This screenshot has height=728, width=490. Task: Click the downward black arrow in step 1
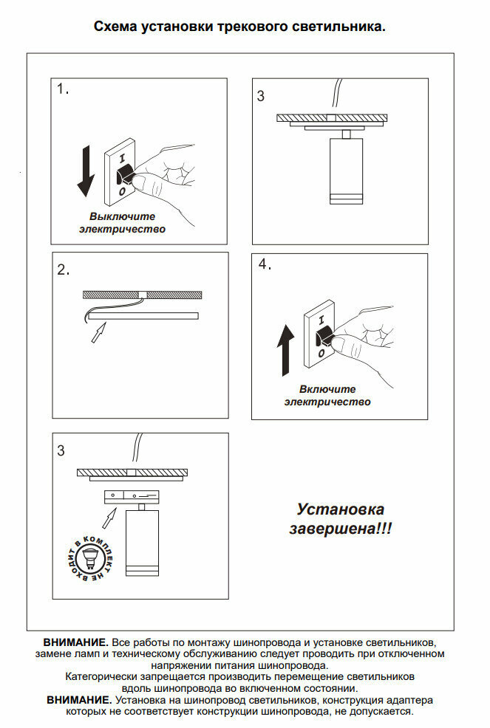click(x=86, y=171)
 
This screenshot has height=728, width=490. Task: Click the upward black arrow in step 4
click(x=286, y=349)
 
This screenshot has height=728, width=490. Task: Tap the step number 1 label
click(x=63, y=90)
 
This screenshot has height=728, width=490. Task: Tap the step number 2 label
click(x=63, y=270)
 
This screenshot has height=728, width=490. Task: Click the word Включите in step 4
click(x=327, y=389)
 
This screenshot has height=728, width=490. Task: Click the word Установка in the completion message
click(x=340, y=509)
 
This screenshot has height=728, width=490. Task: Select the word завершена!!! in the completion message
click(x=340, y=529)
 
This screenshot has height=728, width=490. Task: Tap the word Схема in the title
click(x=115, y=27)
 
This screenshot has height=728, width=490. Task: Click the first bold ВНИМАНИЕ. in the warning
click(x=76, y=643)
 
